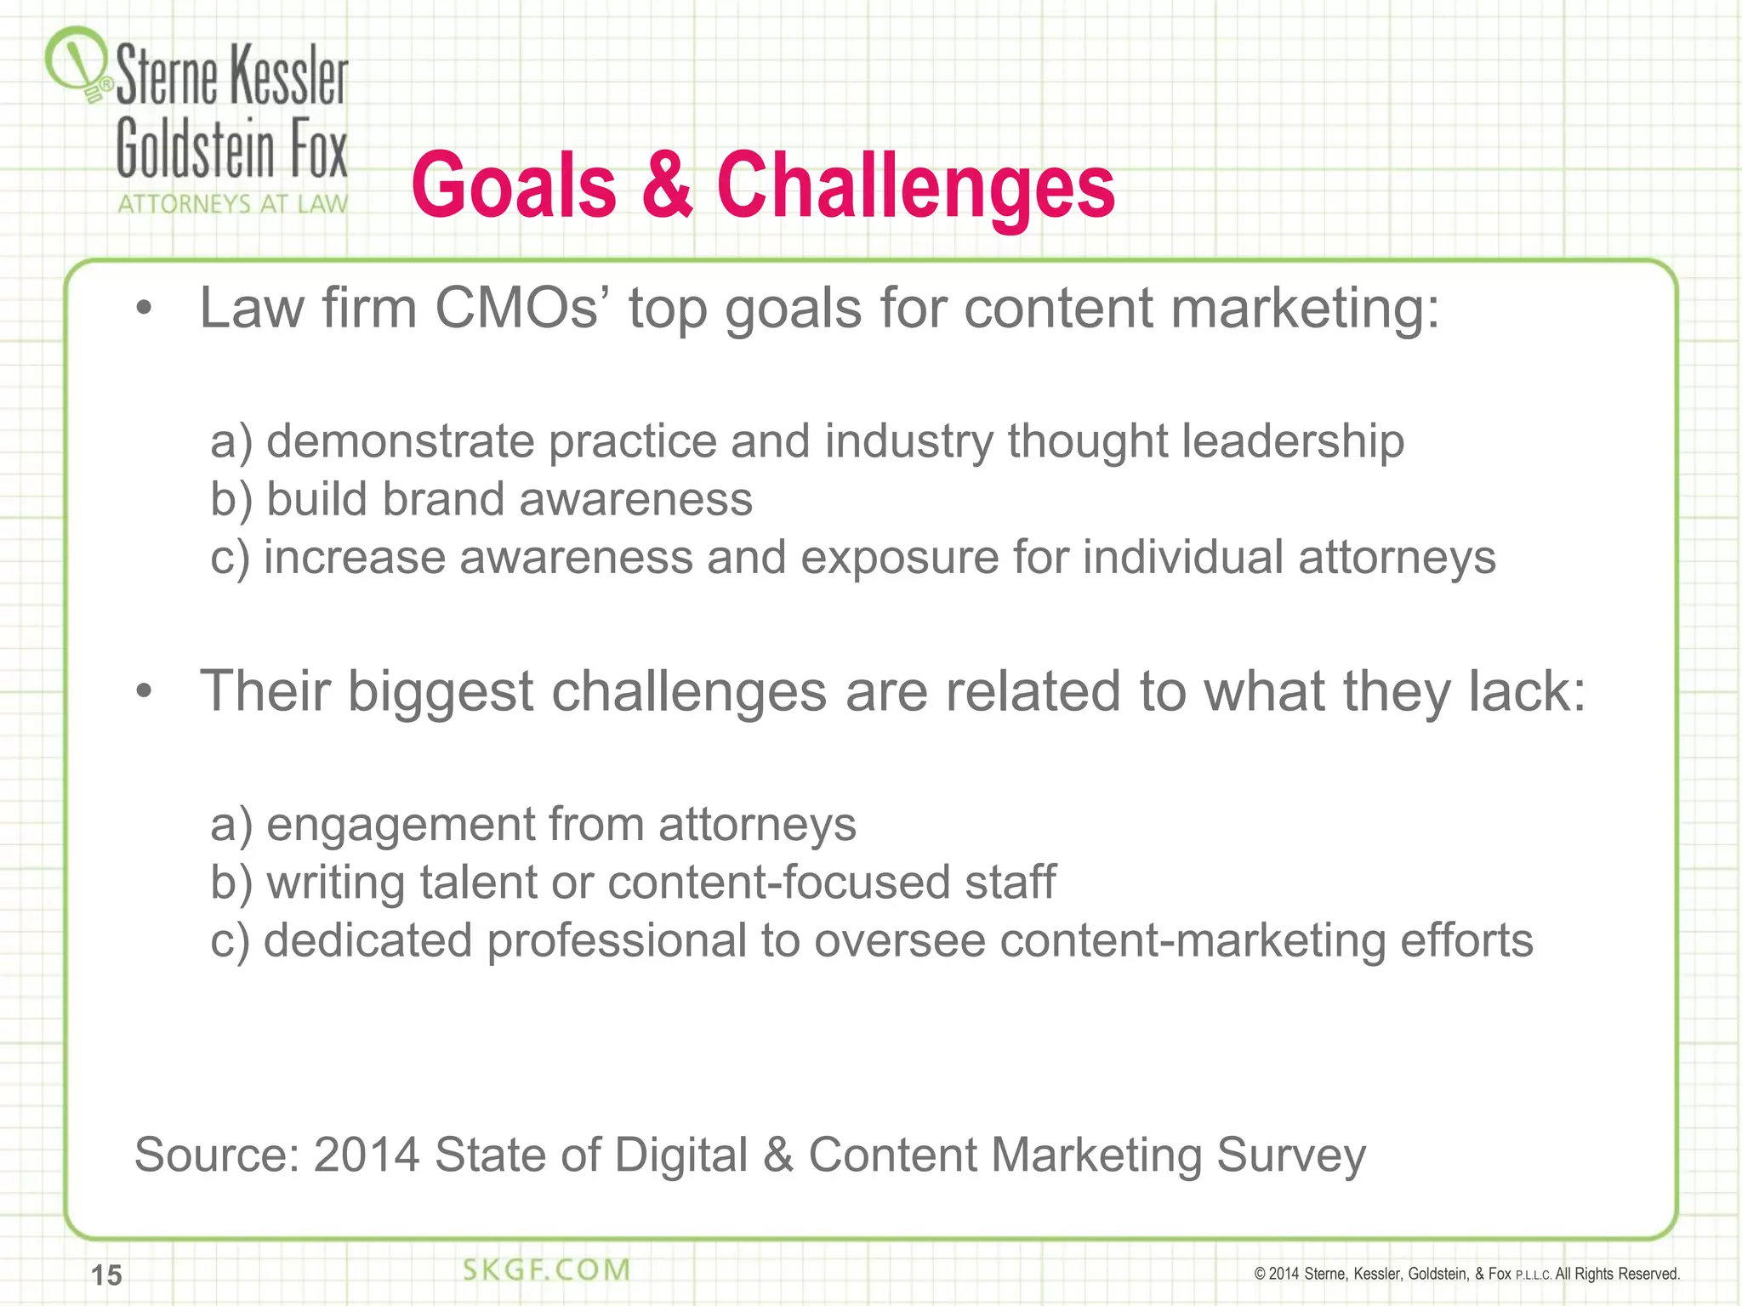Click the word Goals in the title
[x=514, y=186]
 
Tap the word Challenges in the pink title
[x=915, y=186]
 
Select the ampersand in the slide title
[x=666, y=186]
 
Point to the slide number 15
[x=107, y=1275]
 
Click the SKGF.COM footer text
[x=546, y=1270]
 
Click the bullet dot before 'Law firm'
[x=144, y=309]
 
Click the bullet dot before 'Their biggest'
[x=144, y=693]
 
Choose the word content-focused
[x=779, y=882]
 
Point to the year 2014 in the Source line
[x=367, y=1155]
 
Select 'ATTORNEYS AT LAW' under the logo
[x=232, y=204]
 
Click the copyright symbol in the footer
[x=1260, y=1274]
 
